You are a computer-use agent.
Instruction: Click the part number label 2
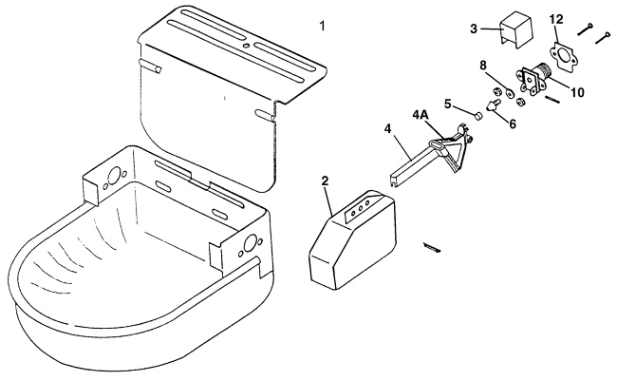[x=326, y=181]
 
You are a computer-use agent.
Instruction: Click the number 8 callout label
[x=483, y=67]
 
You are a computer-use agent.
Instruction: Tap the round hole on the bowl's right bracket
[x=250, y=244]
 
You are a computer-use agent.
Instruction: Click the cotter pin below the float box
[x=435, y=249]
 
